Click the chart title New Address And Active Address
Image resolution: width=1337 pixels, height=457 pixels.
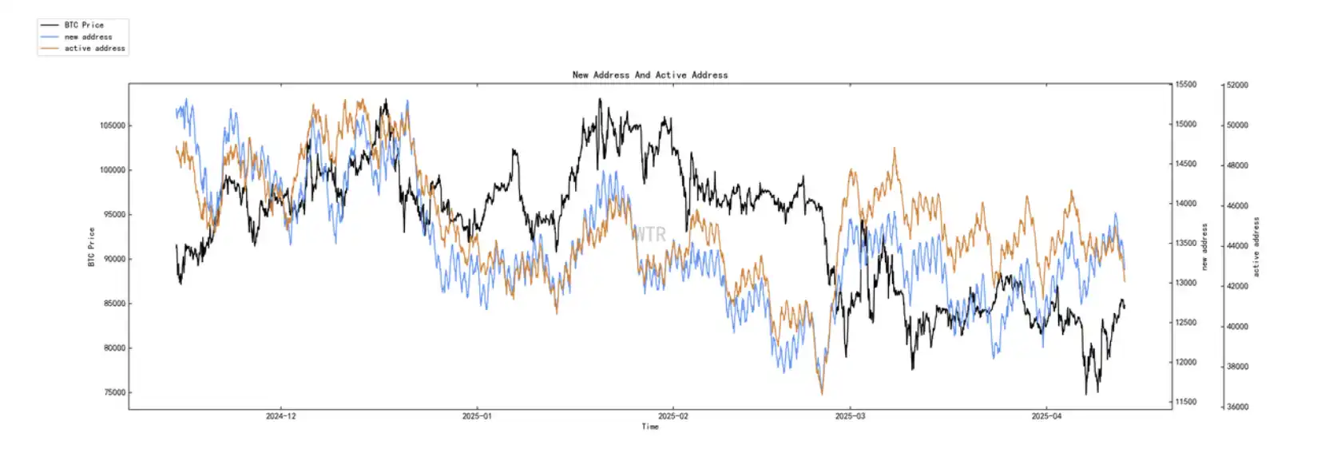[x=650, y=75]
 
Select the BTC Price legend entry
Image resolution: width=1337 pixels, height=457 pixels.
[x=84, y=26]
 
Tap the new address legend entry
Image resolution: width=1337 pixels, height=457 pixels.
[x=88, y=37]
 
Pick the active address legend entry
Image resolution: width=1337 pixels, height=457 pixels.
[x=94, y=49]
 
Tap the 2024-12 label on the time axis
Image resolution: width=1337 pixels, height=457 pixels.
[x=280, y=416]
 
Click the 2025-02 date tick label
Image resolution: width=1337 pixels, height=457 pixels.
[x=672, y=416]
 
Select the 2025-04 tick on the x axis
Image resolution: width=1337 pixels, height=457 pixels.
[x=1046, y=416]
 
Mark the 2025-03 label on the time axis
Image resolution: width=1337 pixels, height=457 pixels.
[x=850, y=416]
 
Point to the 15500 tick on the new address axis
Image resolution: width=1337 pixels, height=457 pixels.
[x=1186, y=85]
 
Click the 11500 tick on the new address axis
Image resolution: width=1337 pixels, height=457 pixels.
[x=1186, y=402]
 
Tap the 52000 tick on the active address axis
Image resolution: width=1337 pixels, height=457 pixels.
[x=1237, y=85]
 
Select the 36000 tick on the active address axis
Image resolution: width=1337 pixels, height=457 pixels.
[x=1237, y=407]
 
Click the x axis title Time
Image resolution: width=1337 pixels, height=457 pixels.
[x=650, y=427]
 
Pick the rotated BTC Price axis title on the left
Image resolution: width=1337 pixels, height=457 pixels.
[x=91, y=247]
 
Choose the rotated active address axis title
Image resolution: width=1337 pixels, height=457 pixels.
[x=1256, y=247]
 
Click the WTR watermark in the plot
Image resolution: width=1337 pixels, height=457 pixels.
[x=649, y=234]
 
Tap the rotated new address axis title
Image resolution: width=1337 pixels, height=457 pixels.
[x=1204, y=247]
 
